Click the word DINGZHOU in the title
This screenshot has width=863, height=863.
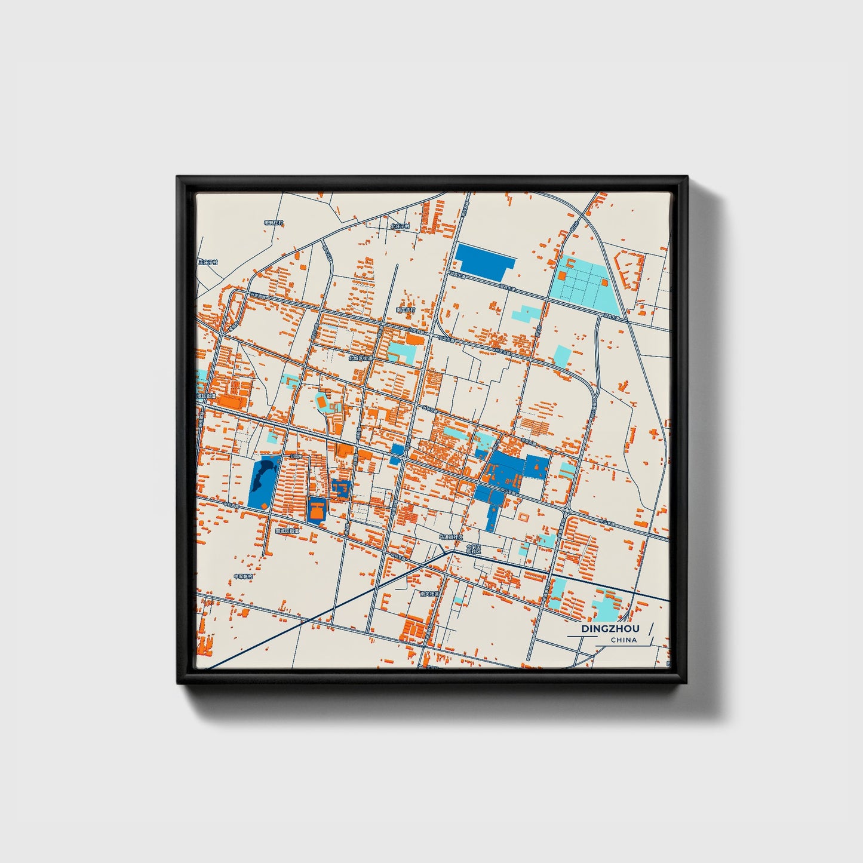pyautogui.click(x=610, y=629)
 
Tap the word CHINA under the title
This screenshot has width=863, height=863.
pyautogui.click(x=624, y=640)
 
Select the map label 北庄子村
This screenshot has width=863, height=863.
pyautogui.click(x=400, y=226)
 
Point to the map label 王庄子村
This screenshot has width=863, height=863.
pyautogui.click(x=208, y=262)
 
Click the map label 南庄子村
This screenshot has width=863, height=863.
pyautogui.click(x=405, y=310)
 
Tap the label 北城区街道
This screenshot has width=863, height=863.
pyautogui.click(x=361, y=358)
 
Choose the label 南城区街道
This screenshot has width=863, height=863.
pyautogui.click(x=287, y=530)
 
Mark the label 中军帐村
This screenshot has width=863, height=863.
pyautogui.click(x=243, y=576)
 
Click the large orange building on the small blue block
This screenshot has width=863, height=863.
pyautogui.click(x=317, y=511)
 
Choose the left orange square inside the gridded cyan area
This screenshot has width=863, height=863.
pyautogui.click(x=562, y=276)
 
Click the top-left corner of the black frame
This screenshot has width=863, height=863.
pyautogui.click(x=178, y=177)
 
